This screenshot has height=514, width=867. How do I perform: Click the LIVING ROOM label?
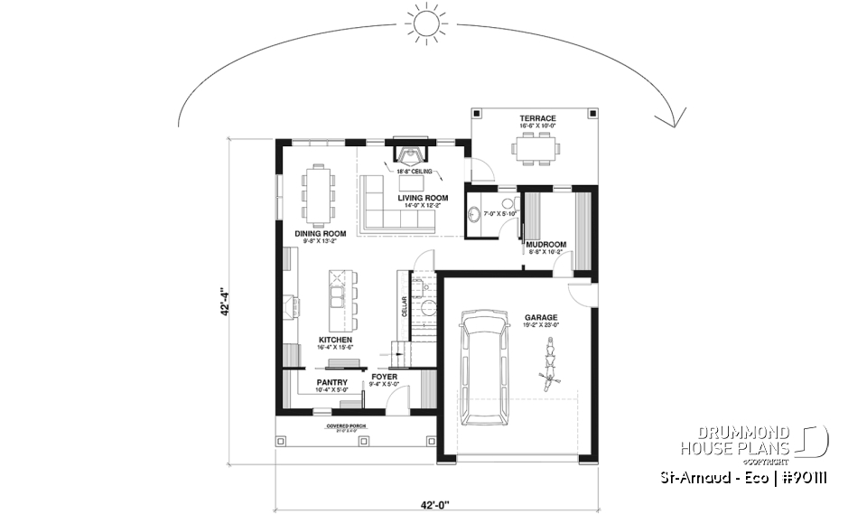424,197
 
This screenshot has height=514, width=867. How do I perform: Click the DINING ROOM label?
322,233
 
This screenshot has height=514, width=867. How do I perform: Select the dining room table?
319,193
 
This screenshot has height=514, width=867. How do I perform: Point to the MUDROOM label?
547,244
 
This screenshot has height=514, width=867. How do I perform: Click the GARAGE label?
541,318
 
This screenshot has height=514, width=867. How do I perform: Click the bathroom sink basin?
475,215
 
